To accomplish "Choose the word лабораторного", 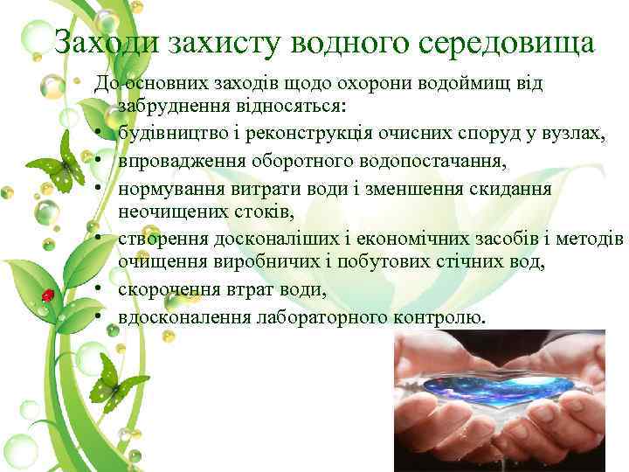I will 321,316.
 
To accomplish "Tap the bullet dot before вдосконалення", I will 101,316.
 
